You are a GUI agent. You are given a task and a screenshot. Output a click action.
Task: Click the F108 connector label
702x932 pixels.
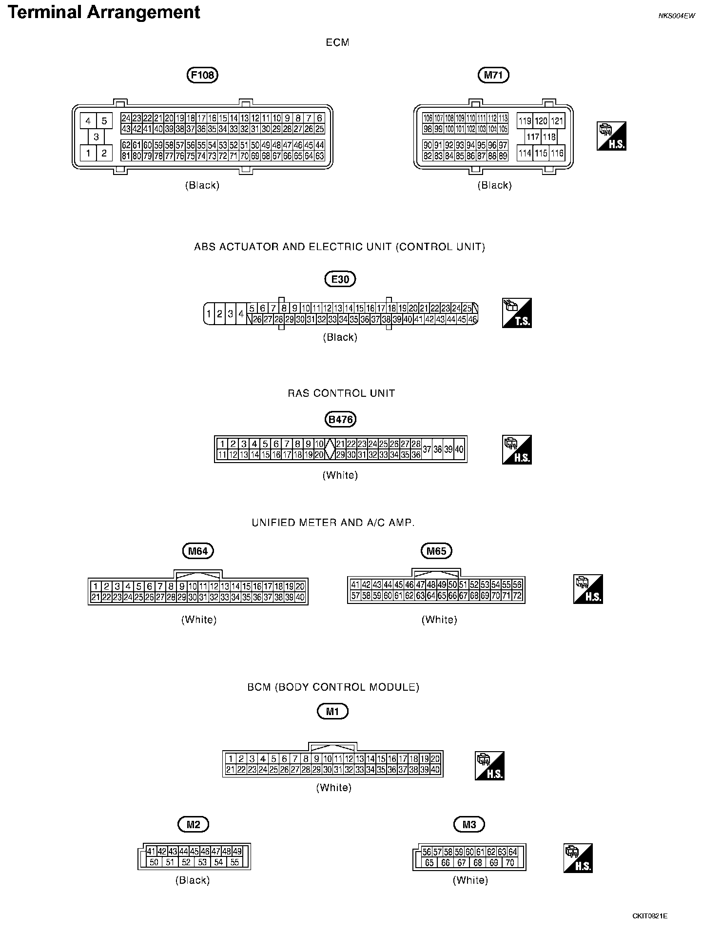tap(202, 75)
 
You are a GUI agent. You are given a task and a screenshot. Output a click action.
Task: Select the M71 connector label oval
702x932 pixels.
tap(493, 75)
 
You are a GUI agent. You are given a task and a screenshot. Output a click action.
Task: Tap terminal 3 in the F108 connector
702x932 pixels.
tap(96, 137)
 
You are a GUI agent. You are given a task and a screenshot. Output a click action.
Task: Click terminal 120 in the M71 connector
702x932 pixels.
tap(541, 121)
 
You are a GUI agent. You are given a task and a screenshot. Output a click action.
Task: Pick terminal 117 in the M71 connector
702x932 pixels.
tap(532, 137)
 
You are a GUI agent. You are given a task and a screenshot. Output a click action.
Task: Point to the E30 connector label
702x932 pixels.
tap(340, 279)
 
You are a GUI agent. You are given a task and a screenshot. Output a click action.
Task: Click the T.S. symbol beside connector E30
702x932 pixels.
tap(517, 313)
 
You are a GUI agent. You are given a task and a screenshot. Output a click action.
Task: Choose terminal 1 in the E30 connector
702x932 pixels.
tap(209, 313)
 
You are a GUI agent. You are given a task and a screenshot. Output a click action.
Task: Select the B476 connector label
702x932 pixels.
tap(340, 419)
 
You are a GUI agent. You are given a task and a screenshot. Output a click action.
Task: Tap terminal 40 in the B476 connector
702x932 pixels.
tap(459, 449)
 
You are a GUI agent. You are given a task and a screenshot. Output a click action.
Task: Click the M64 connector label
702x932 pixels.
tap(198, 551)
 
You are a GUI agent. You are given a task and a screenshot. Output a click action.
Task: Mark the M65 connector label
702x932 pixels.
tap(436, 551)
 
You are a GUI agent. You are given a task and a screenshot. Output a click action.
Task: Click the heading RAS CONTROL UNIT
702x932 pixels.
tap(341, 393)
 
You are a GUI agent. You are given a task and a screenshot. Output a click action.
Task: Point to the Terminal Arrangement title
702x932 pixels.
tap(104, 12)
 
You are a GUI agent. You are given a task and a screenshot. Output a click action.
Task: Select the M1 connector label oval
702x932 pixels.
tap(332, 712)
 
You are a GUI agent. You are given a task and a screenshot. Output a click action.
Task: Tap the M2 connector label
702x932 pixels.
tap(193, 824)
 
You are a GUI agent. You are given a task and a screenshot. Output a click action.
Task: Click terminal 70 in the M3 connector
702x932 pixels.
tap(510, 862)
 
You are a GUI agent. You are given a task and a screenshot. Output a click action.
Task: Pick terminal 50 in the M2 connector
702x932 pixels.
tap(154, 862)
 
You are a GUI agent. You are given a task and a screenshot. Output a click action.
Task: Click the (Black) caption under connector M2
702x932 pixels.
tap(193, 880)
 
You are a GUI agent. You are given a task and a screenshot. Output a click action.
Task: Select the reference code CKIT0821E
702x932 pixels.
tap(650, 916)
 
